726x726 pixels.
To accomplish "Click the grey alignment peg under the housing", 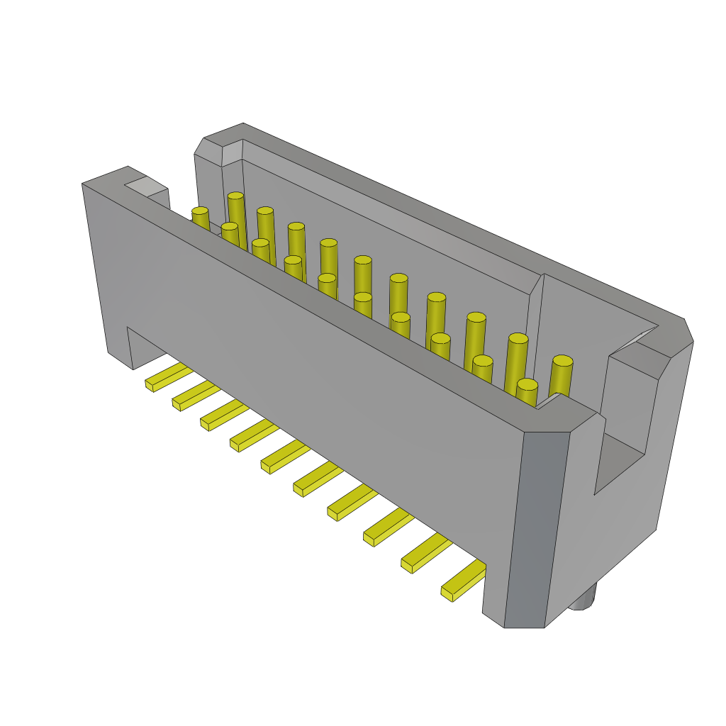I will click(x=583, y=598).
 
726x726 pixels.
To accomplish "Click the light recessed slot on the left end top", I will click(x=146, y=186).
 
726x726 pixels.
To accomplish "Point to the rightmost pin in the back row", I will click(x=561, y=376).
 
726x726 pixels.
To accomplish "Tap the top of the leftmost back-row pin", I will click(x=235, y=196).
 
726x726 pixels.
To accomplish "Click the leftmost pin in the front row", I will click(x=201, y=218).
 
